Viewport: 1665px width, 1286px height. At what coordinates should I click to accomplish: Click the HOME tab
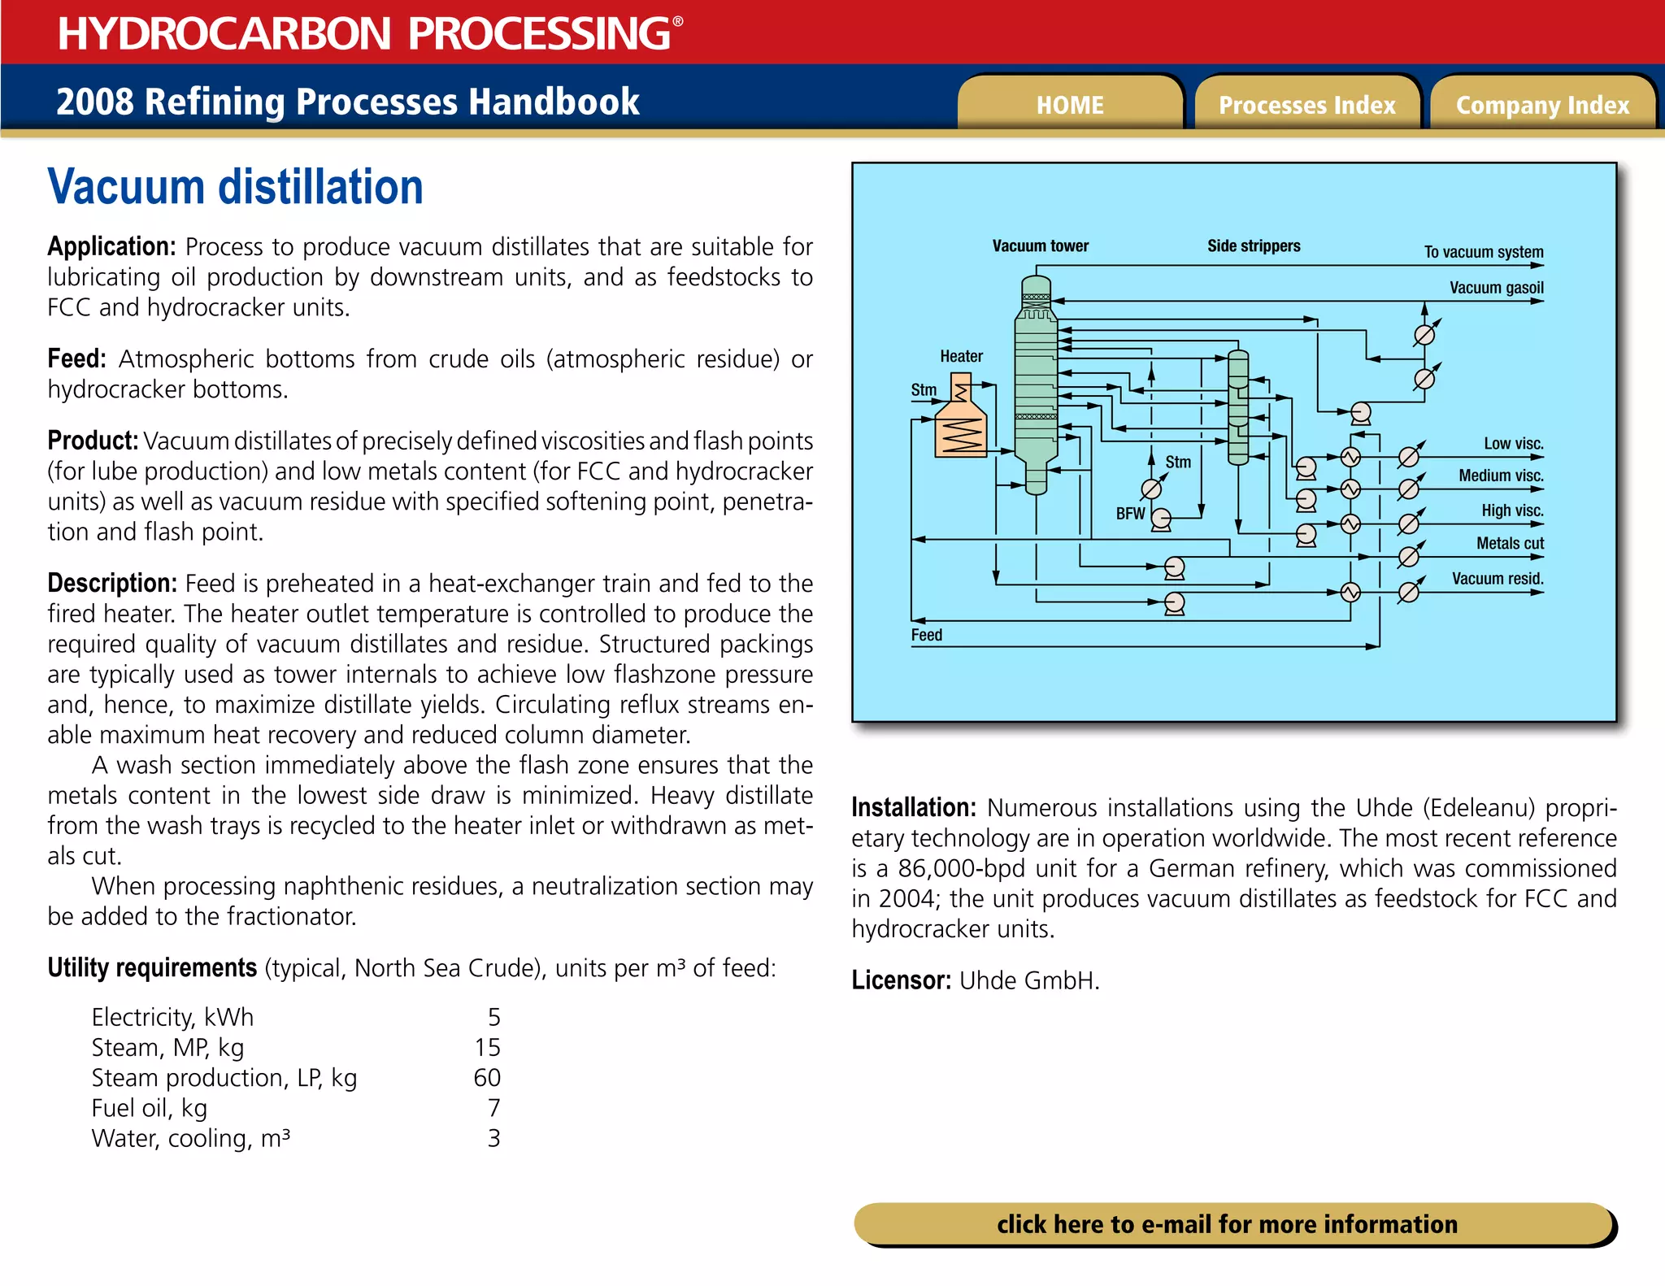pyautogui.click(x=1070, y=105)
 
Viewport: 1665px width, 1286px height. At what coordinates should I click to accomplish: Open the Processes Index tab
pyautogui.click(x=1306, y=105)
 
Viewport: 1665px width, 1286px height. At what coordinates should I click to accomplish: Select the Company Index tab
pyautogui.click(x=1542, y=105)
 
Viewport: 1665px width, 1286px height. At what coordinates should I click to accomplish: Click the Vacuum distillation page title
pyautogui.click(x=236, y=187)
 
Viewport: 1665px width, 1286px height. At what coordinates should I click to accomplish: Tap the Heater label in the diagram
pyautogui.click(x=961, y=356)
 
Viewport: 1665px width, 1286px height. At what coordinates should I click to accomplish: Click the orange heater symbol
pyautogui.click(x=961, y=423)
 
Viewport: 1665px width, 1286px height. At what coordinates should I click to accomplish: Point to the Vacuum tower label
pyautogui.click(x=1040, y=245)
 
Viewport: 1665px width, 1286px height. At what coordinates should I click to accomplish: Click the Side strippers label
pyautogui.click(x=1254, y=245)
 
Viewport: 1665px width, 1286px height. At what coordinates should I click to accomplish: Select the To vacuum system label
pyautogui.click(x=1483, y=252)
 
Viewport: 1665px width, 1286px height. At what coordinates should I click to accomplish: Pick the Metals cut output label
pyautogui.click(x=1510, y=543)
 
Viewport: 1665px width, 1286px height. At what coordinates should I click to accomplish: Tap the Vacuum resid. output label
pyautogui.click(x=1498, y=578)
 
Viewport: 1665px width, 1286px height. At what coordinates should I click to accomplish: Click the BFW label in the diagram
pyautogui.click(x=1130, y=514)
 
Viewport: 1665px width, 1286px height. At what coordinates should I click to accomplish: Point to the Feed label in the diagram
pyautogui.click(x=926, y=635)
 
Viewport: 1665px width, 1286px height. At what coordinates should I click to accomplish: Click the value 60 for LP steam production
pyautogui.click(x=487, y=1078)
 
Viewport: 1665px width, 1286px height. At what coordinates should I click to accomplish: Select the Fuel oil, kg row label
pyautogui.click(x=150, y=1108)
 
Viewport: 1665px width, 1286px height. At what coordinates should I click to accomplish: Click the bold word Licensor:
pyautogui.click(x=901, y=980)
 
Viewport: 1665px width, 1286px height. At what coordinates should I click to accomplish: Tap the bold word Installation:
pyautogui.click(x=913, y=807)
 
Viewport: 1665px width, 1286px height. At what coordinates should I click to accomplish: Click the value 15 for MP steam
pyautogui.click(x=488, y=1047)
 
